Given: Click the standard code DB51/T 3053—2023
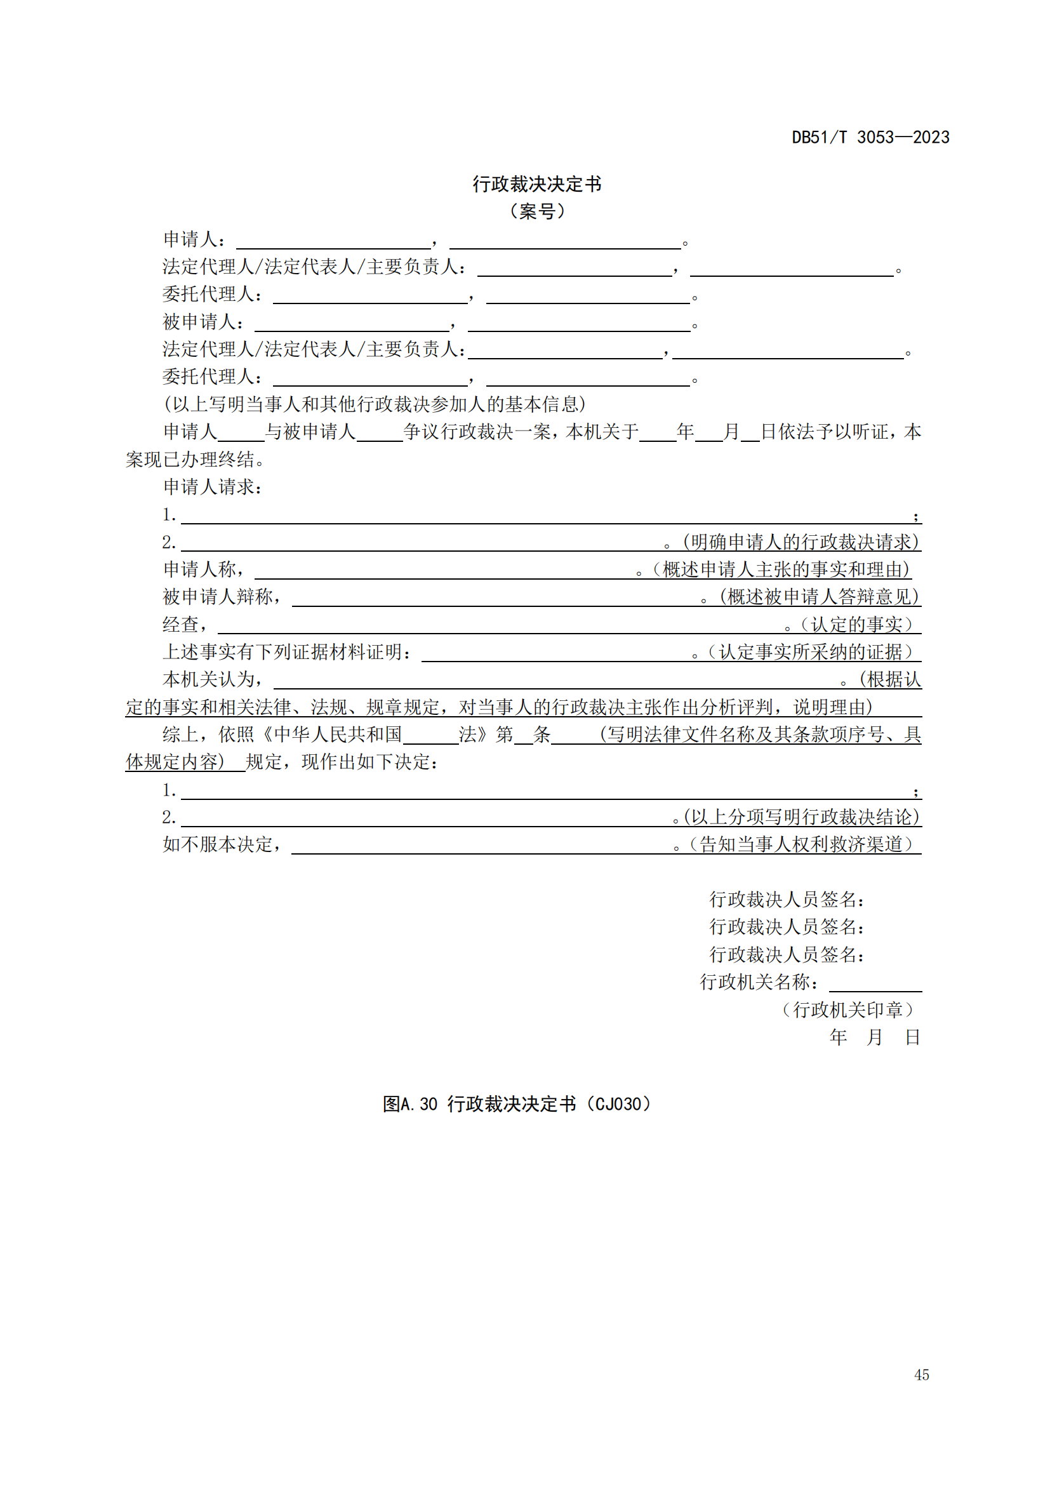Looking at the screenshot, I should pos(870,137).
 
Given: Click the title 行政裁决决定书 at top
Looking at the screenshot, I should pos(536,184).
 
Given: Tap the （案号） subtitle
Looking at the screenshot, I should pos(536,211).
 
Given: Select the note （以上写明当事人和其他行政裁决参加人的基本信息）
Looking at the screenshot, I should pos(375,404).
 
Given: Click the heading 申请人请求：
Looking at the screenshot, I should pos(213,487).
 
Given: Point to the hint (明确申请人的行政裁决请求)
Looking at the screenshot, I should pos(801,542).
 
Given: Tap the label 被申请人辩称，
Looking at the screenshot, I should pos(222,597).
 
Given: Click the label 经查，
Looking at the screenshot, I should pos(185,625).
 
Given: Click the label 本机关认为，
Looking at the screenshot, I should pos(213,680).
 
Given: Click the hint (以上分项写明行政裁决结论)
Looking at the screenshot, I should pos(801,818).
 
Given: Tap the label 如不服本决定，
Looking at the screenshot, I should pos(222,844).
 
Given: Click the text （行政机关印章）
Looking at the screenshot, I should pos(847,1010).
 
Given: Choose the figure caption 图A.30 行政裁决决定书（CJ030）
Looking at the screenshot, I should pos(517,1104).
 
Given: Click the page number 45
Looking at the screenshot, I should pos(921,1375).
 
